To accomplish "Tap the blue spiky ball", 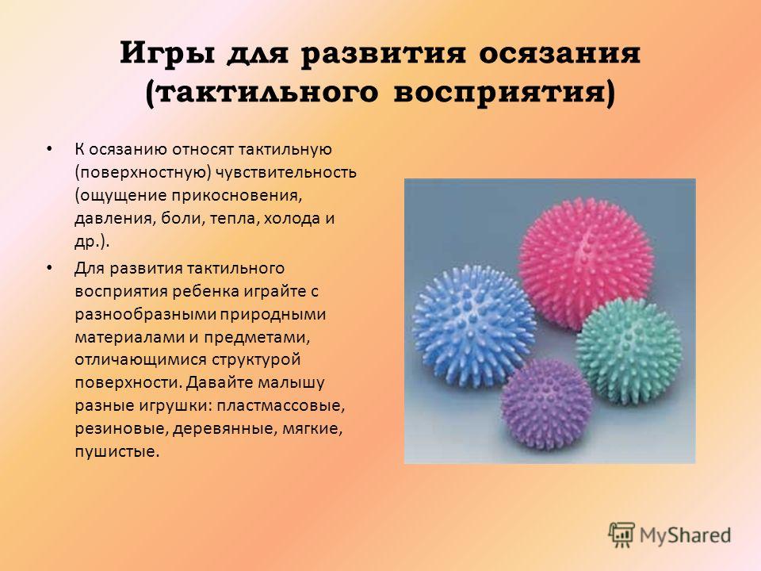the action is tap(473, 325).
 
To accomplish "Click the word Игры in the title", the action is tap(167, 53).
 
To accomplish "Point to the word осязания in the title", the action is tap(560, 53).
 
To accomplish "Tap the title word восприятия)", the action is tap(504, 92).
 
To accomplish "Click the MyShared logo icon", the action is tap(621, 535).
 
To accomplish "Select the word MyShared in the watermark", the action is tap(685, 535).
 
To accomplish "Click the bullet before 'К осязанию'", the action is tap(48, 148).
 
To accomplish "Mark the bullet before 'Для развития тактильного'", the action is tap(48, 267).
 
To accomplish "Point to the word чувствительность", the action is tap(286, 172).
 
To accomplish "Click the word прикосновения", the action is tap(232, 195).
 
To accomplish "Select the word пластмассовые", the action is tap(281, 405).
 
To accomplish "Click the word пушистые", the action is tap(117, 452).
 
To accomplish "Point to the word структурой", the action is tap(256, 360).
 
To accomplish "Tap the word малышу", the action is tap(291, 383).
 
